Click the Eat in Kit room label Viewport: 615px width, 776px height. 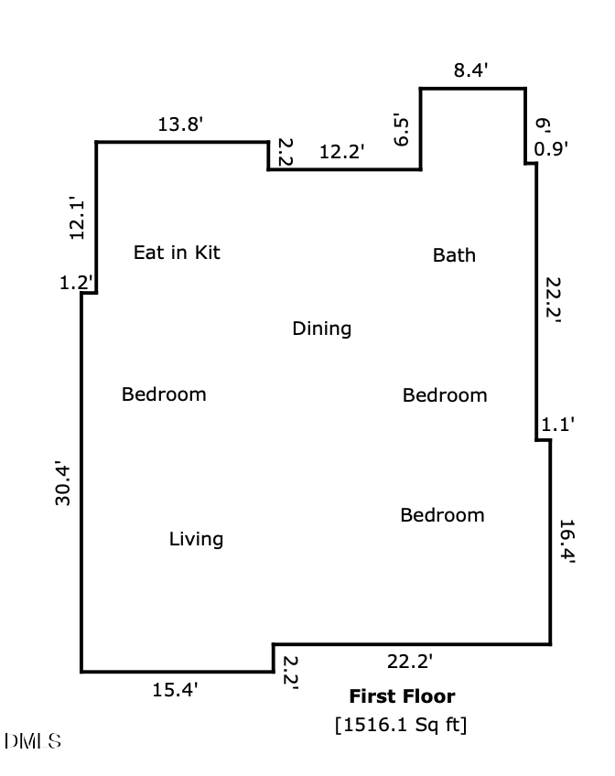tap(177, 253)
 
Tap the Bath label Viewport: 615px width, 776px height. tap(454, 255)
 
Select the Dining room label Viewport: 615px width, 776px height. tap(321, 329)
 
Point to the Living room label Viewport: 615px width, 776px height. tap(196, 539)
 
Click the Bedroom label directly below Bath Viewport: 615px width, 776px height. tap(445, 395)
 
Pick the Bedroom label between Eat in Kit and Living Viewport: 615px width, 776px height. tap(164, 394)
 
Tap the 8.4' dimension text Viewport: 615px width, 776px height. tap(472, 70)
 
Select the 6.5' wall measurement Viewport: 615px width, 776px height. tap(401, 130)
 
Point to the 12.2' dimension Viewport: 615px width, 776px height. tap(341, 153)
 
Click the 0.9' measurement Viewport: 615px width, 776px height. tap(552, 148)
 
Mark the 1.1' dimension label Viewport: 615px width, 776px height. tap(557, 425)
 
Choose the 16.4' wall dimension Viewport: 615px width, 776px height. tap(566, 544)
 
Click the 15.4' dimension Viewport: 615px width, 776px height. tap(175, 690)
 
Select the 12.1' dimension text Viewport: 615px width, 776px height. tap(78, 219)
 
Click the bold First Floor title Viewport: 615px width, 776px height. tap(401, 696)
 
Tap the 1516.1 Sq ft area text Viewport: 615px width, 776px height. tap(401, 725)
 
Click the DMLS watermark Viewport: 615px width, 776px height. tap(33, 741)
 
